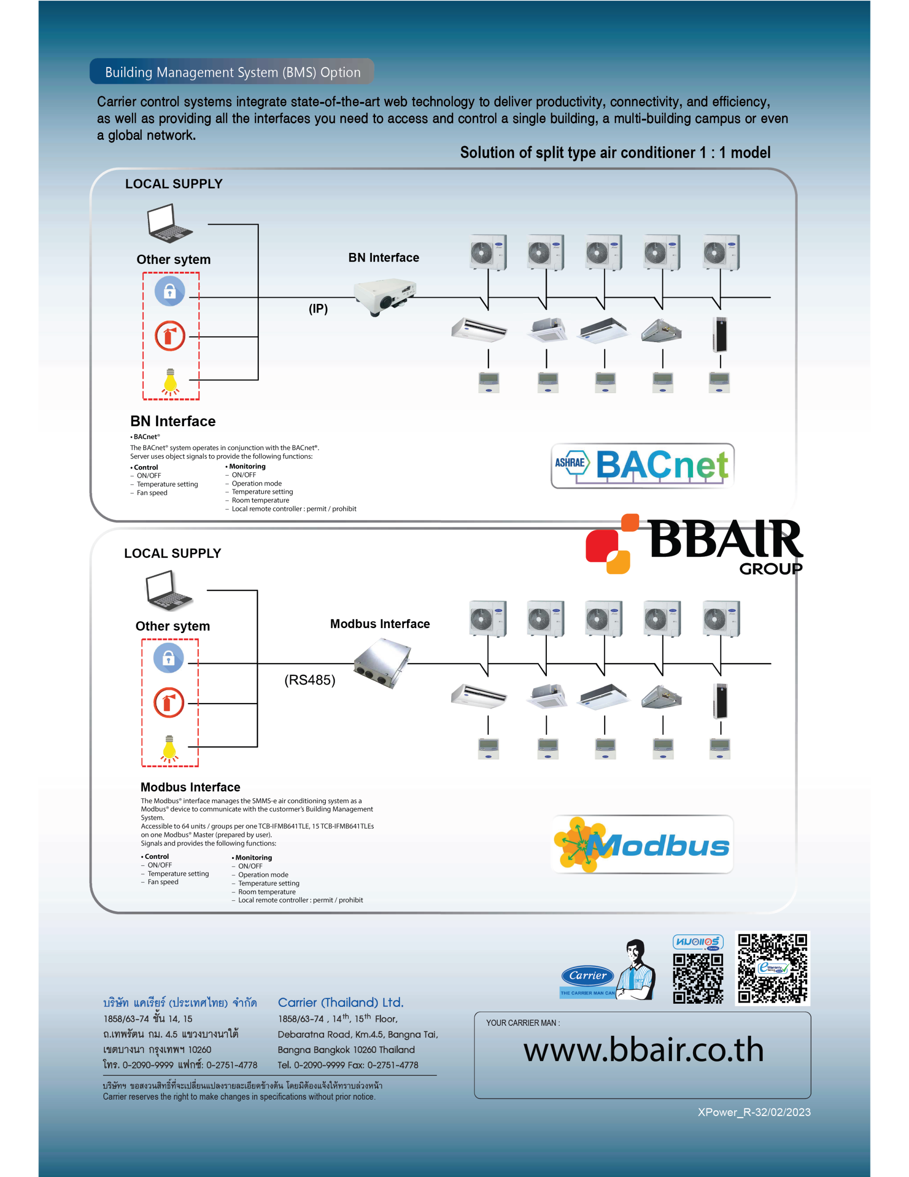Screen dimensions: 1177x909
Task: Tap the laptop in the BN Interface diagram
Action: click(x=169, y=223)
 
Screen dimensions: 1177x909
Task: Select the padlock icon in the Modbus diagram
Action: click(x=169, y=658)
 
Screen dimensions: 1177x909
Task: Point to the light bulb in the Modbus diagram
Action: click(x=169, y=748)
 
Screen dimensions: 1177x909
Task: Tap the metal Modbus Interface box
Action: click(x=382, y=663)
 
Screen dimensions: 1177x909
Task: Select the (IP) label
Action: click(x=318, y=309)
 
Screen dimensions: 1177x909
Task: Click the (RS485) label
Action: click(x=310, y=680)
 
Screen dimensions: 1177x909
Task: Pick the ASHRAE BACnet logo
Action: click(x=642, y=466)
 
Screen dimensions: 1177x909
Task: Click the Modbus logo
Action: click(x=642, y=845)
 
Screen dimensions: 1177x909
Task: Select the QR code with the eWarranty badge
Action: click(x=773, y=968)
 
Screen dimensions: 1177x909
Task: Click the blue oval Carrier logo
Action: click(x=588, y=976)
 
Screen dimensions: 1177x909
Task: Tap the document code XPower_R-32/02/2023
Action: click(x=754, y=1112)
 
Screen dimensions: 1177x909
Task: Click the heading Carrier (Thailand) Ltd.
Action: click(x=341, y=1002)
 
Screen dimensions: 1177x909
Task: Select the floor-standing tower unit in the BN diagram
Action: click(x=720, y=335)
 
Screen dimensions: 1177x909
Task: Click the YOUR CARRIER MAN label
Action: click(x=523, y=1023)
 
